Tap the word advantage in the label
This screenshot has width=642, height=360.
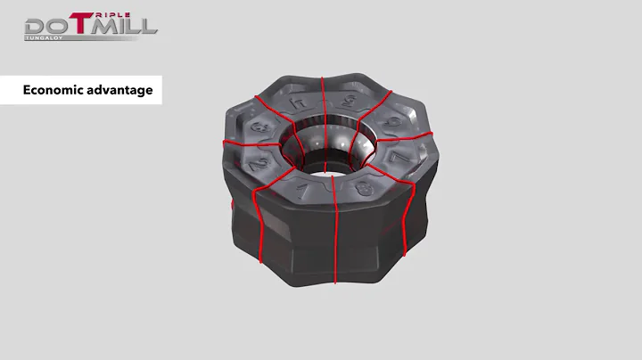click(x=121, y=90)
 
